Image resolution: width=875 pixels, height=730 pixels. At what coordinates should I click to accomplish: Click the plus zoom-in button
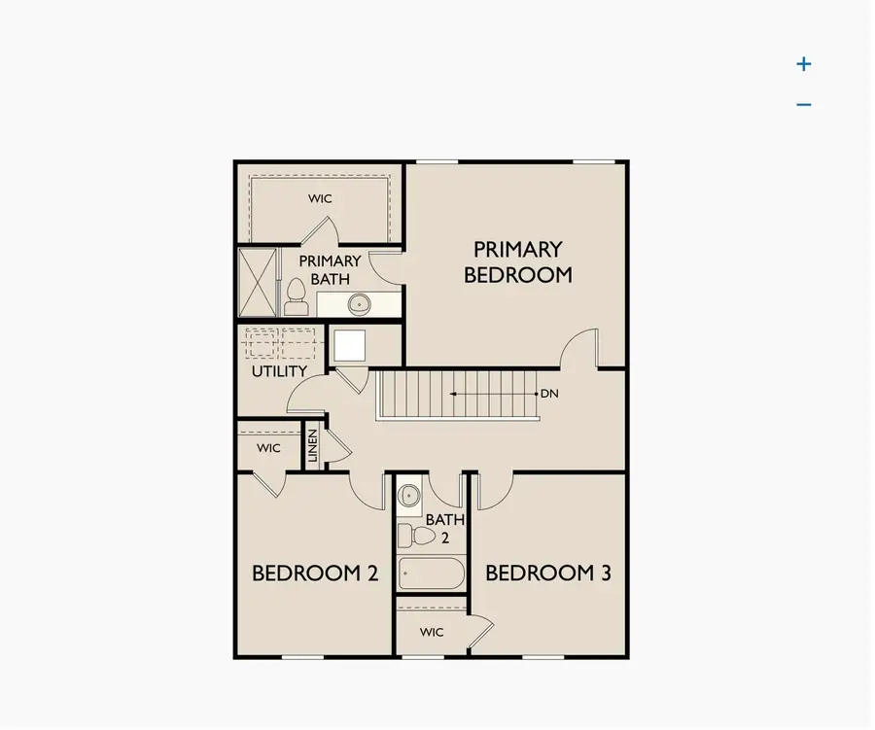click(x=803, y=64)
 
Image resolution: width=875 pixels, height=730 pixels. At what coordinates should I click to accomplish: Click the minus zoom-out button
click(x=803, y=105)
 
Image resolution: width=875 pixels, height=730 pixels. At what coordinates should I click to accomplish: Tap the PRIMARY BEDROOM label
click(x=517, y=262)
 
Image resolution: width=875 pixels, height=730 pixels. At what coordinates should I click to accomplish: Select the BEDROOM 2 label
click(x=314, y=574)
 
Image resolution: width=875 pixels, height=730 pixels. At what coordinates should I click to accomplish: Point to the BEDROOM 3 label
click(x=548, y=574)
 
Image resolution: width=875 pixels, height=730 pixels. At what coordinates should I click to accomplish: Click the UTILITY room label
click(x=279, y=371)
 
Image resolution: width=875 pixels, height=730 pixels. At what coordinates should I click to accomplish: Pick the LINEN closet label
click(x=313, y=446)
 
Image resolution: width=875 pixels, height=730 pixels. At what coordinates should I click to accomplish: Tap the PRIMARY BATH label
click(x=330, y=270)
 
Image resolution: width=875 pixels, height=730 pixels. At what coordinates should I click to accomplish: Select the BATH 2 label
click(x=444, y=528)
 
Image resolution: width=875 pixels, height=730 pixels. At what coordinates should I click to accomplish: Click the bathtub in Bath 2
click(x=431, y=573)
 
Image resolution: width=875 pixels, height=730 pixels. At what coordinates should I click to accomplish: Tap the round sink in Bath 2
click(x=409, y=494)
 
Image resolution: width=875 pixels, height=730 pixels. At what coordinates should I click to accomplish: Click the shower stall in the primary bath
click(x=258, y=282)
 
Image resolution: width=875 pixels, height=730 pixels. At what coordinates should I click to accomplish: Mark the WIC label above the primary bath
click(x=321, y=199)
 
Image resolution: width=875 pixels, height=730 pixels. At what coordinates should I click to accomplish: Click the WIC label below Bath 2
click(x=432, y=633)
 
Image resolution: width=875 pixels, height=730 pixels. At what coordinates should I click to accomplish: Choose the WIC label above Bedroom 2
click(x=268, y=448)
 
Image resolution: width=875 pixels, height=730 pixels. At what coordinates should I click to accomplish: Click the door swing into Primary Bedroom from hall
click(x=581, y=349)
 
